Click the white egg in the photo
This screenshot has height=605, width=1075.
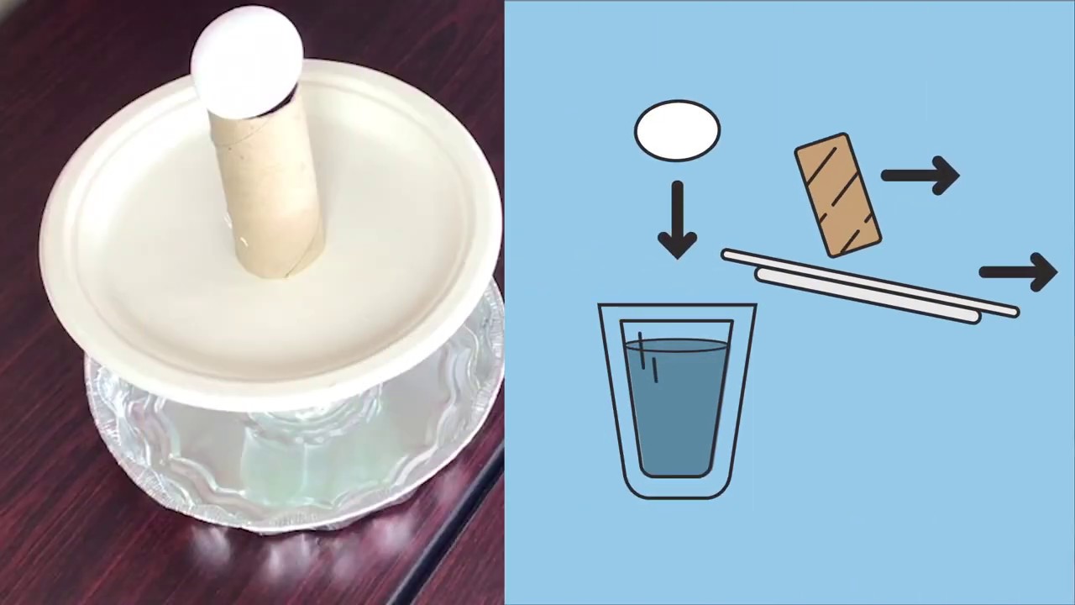click(x=246, y=59)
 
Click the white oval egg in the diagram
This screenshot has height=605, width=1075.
click(x=677, y=130)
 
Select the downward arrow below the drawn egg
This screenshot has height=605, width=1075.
click(x=677, y=218)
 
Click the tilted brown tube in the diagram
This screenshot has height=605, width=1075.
click(x=837, y=195)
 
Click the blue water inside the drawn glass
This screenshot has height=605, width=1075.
click(x=677, y=403)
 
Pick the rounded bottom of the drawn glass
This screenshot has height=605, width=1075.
click(x=677, y=487)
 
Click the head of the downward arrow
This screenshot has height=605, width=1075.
click(x=677, y=244)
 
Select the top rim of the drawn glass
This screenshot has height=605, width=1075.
click(x=677, y=307)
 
